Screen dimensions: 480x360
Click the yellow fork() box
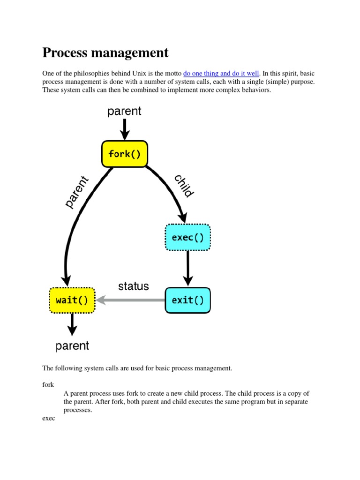click(x=125, y=154)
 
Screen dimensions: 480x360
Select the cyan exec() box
click(x=188, y=237)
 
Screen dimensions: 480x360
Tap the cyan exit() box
click(x=188, y=300)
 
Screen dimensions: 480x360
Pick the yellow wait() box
click(x=72, y=300)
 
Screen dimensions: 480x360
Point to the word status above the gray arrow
click(x=134, y=286)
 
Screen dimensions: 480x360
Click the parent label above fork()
click(x=124, y=111)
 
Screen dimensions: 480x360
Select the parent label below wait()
click(x=72, y=346)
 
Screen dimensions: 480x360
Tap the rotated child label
click(x=184, y=186)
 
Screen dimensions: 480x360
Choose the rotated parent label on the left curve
click(x=76, y=192)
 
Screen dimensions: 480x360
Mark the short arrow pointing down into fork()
click(x=125, y=129)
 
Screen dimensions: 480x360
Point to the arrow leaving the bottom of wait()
click(x=72, y=324)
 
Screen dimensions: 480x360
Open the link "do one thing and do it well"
click(x=221, y=73)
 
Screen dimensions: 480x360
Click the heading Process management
click(x=105, y=52)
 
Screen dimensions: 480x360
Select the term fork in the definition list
click(x=48, y=384)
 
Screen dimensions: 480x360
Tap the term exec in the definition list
click(x=49, y=418)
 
